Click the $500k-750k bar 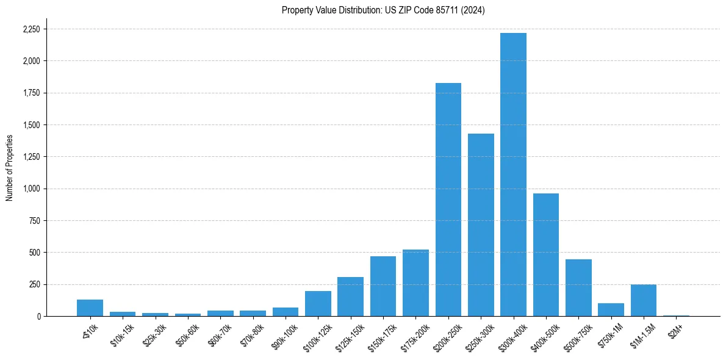click(578, 287)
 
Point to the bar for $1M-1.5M click(644, 300)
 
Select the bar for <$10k click(90, 308)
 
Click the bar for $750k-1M click(611, 309)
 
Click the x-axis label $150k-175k click(381, 334)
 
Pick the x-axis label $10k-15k click(122, 333)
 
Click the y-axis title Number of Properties click(9, 167)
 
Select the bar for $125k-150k click(350, 297)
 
